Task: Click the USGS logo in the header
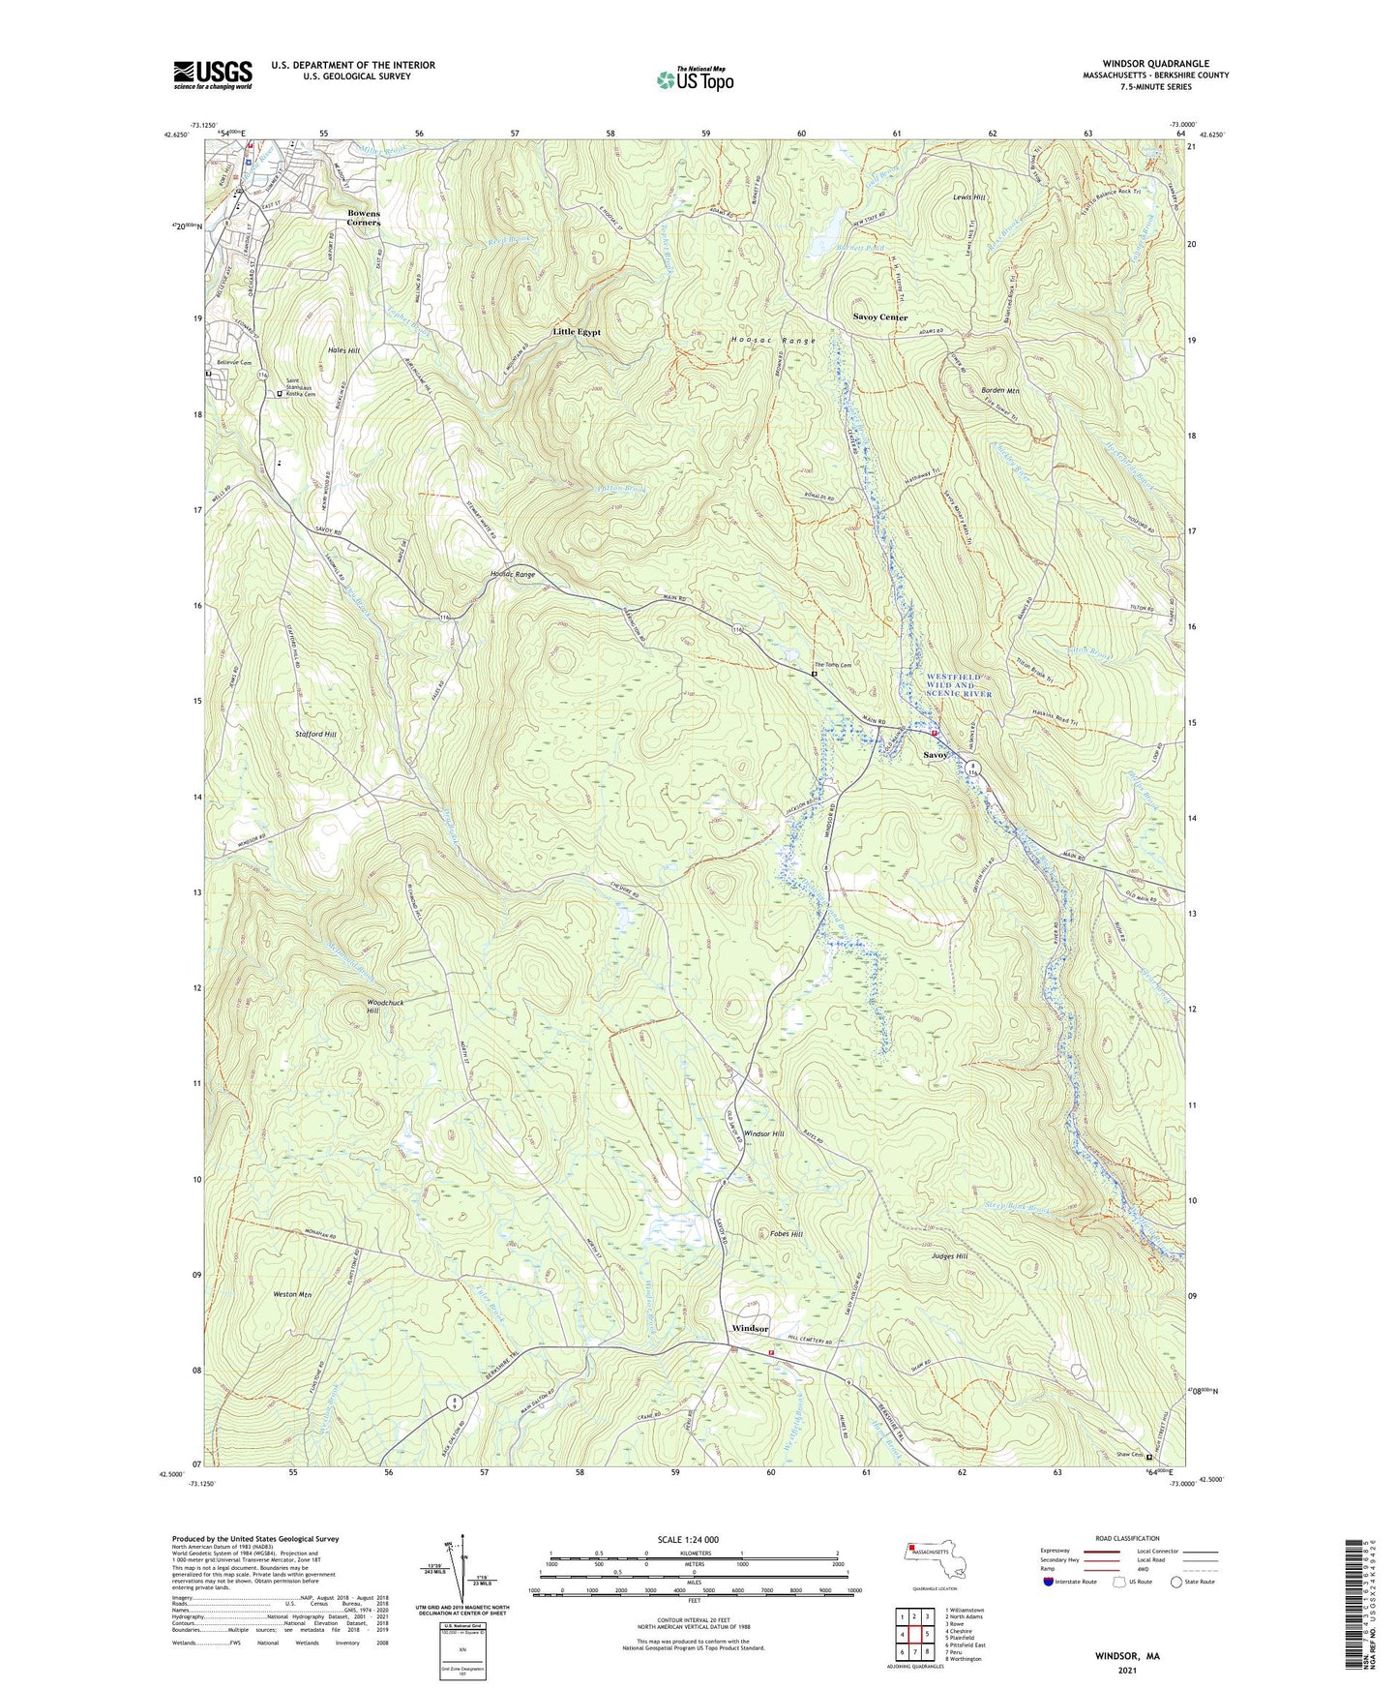click(213, 75)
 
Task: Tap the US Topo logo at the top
click(694, 79)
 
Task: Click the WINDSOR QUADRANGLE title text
click(1155, 64)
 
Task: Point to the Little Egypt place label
click(577, 332)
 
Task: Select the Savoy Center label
click(879, 317)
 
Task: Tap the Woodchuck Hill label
click(385, 1007)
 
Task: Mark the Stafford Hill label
click(315, 735)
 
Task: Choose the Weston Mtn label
click(291, 1294)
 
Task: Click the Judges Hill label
click(948, 1256)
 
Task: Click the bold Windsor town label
click(750, 1329)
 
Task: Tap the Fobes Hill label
click(786, 1234)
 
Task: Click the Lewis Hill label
click(968, 197)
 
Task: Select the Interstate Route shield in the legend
click(1049, 1582)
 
